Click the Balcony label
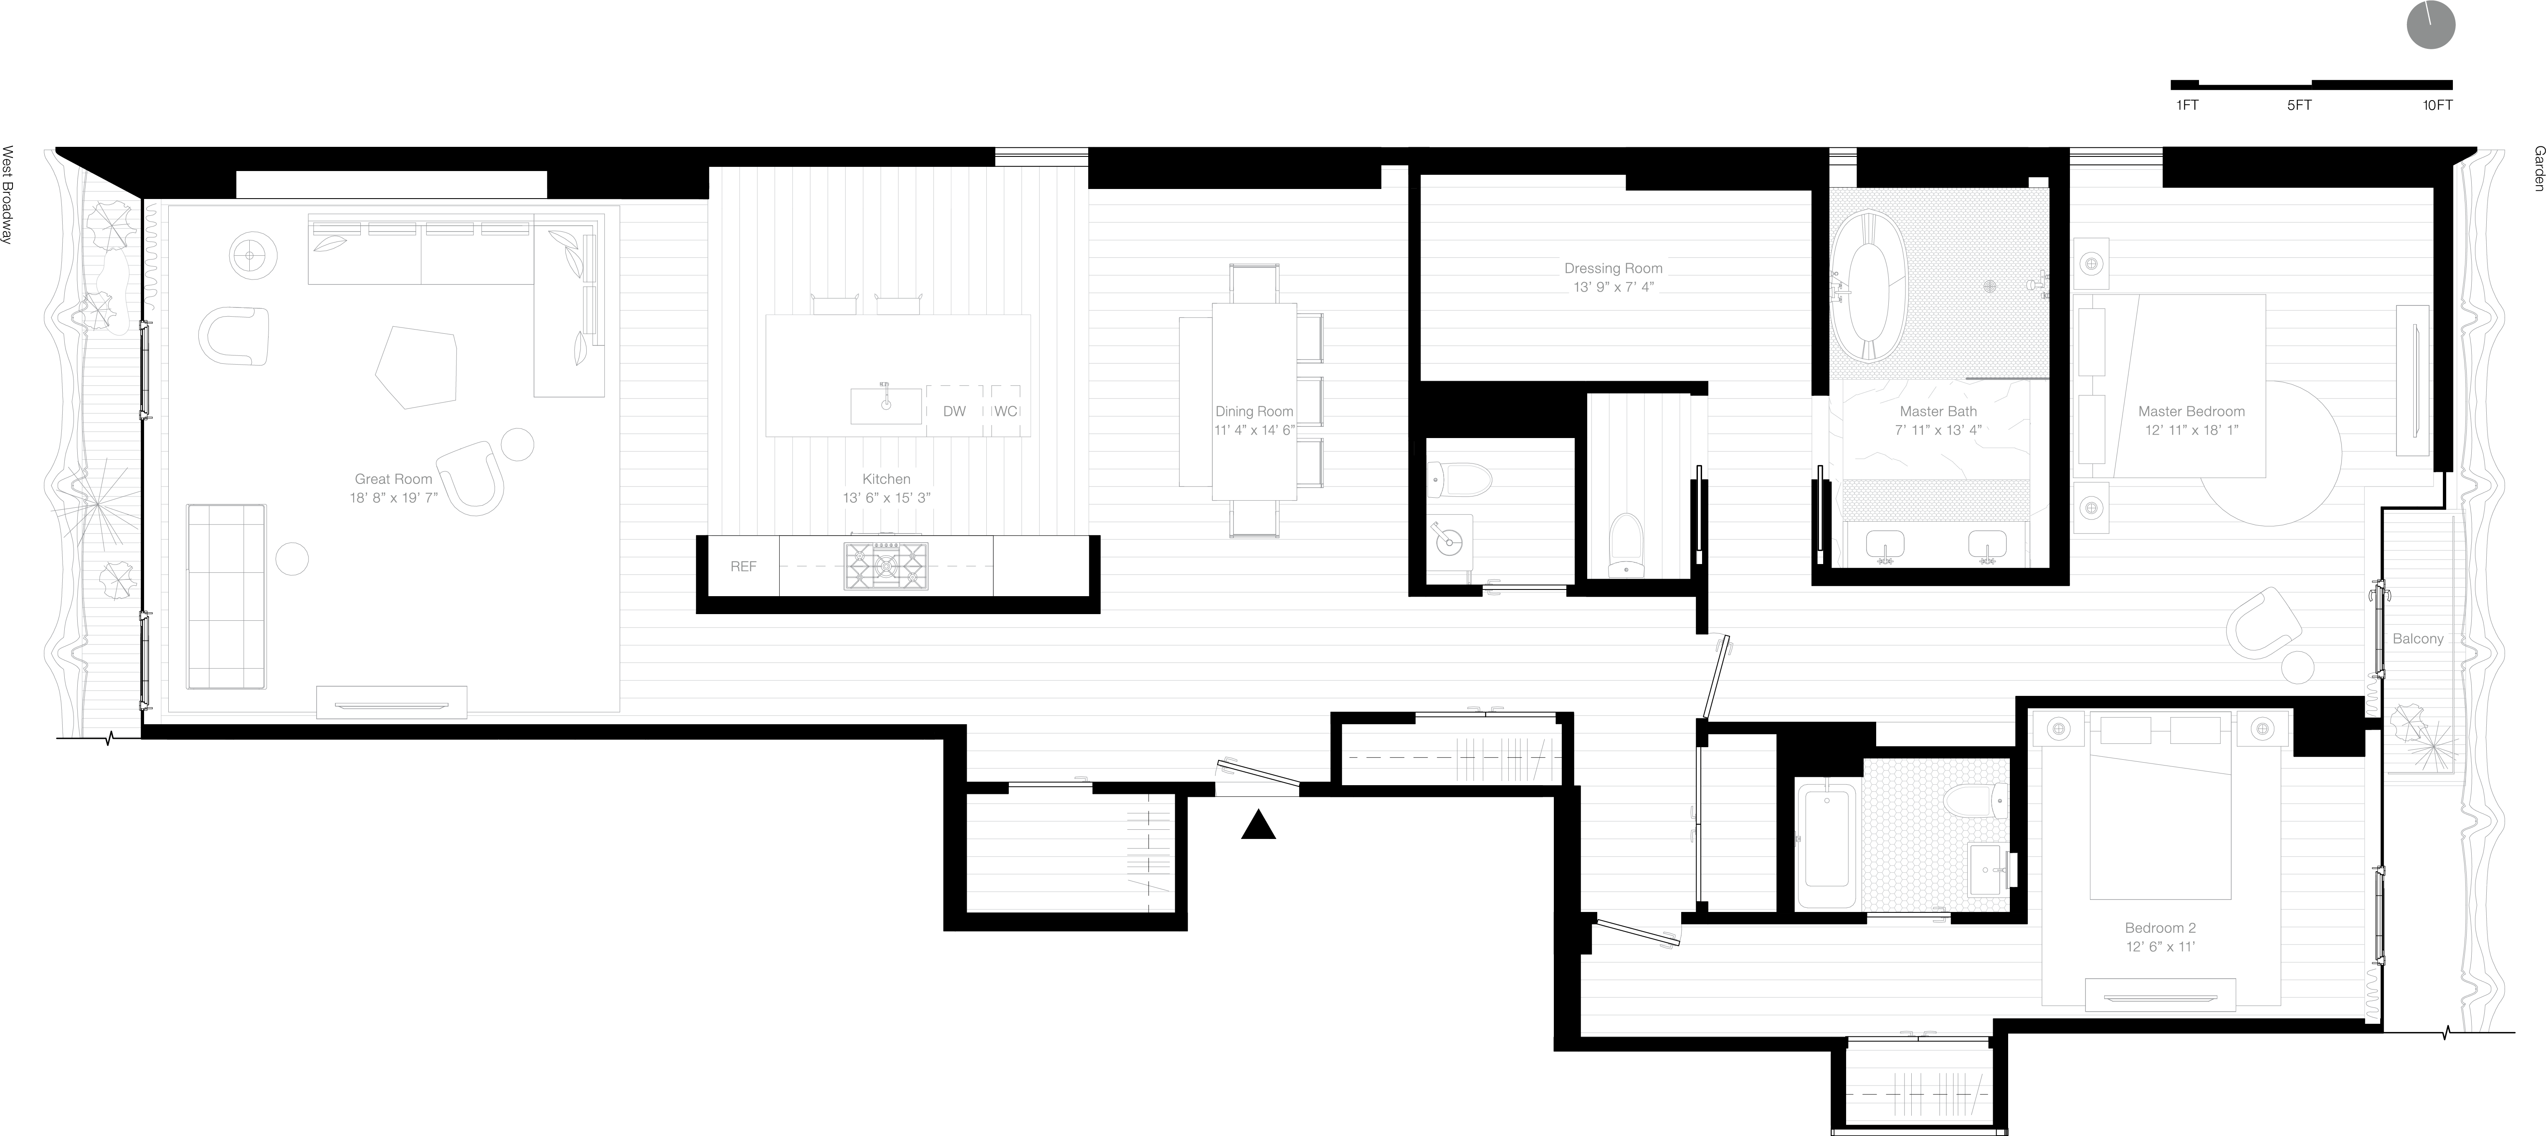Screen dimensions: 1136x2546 (x=2417, y=639)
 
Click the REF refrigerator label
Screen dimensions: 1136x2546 (x=743, y=567)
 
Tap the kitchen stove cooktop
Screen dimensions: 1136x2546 (x=887, y=566)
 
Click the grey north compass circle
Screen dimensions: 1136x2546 (x=2430, y=25)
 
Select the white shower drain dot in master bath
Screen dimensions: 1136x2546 (x=1989, y=287)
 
